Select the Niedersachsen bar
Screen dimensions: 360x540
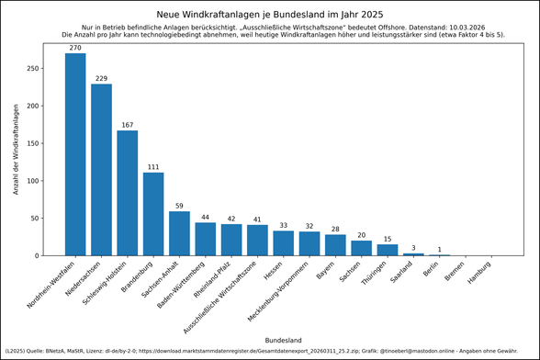[101, 170]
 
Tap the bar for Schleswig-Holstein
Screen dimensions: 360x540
[128, 193]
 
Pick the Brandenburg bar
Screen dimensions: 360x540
[153, 214]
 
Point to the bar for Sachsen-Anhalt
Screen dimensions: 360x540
[179, 233]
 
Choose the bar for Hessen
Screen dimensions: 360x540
[284, 243]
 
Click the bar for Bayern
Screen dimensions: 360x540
[336, 245]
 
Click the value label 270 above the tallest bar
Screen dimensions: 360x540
[75, 47]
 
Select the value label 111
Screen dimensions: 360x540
[153, 166]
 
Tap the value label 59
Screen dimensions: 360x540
[179, 206]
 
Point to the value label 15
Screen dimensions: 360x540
[388, 239]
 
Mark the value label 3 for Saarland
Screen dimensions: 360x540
[414, 248]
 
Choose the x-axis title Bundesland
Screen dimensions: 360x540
[283, 340]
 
